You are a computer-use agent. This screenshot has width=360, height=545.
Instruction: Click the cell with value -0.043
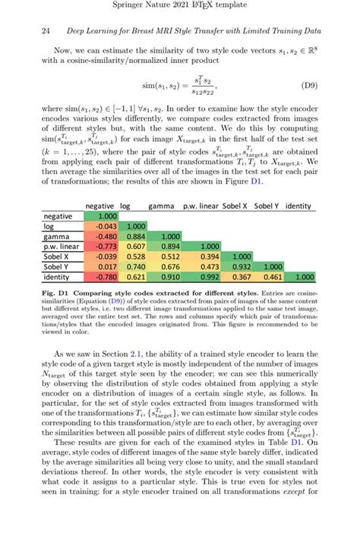click(x=99, y=226)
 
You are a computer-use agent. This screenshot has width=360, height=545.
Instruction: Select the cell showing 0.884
click(x=137, y=237)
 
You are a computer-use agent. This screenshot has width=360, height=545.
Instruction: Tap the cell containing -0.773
click(x=99, y=247)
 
